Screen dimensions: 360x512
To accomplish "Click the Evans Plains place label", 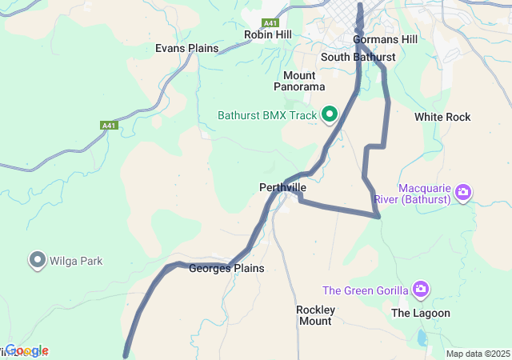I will [x=186, y=48].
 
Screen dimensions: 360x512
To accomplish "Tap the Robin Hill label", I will [x=268, y=34].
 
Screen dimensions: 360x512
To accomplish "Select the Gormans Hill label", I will [x=386, y=39].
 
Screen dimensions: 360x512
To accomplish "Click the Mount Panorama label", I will [x=299, y=80].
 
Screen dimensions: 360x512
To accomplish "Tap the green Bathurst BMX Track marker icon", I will [x=329, y=115].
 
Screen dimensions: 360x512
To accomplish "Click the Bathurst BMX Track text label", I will [x=267, y=115].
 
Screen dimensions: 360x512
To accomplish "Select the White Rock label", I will [x=442, y=117].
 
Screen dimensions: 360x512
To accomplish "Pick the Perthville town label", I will [x=282, y=187].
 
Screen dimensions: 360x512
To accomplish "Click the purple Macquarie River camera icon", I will [x=462, y=192].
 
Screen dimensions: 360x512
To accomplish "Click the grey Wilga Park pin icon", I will [x=37, y=260].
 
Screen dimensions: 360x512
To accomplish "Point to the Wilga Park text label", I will [x=75, y=261].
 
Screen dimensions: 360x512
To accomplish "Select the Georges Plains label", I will [x=226, y=269].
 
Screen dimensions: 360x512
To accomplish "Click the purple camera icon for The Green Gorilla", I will [x=422, y=289].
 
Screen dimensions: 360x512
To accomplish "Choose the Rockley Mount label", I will [x=314, y=315].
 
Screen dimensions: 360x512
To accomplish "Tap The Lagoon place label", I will [x=420, y=313].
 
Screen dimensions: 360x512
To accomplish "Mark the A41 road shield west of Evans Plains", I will [x=109, y=126].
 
